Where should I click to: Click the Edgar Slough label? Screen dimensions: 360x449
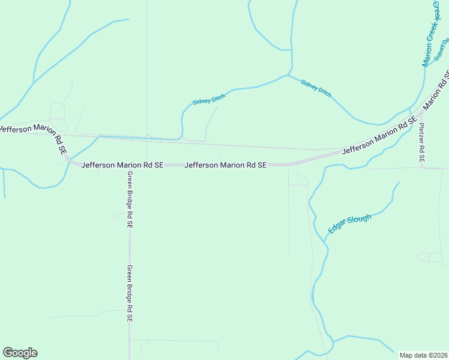pyautogui.click(x=350, y=223)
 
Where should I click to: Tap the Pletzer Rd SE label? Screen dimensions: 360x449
pyautogui.click(x=422, y=143)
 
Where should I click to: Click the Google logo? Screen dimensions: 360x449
pyautogui.click(x=20, y=353)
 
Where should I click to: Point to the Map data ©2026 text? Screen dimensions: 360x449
pyautogui.click(x=423, y=355)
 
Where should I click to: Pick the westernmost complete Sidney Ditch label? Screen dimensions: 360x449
pyautogui.click(x=208, y=98)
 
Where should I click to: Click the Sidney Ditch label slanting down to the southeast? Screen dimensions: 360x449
pyautogui.click(x=316, y=88)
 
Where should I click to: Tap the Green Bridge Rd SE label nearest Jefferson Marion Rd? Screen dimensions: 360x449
pyautogui.click(x=129, y=199)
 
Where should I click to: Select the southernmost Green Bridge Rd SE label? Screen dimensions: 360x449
pyautogui.click(x=129, y=294)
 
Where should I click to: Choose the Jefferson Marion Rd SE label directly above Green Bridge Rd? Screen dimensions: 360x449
pyautogui.click(x=122, y=164)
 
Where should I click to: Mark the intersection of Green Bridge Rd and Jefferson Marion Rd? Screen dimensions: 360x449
pyautogui.click(x=129, y=164)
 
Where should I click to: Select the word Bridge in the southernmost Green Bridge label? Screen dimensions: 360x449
pyautogui.click(x=129, y=294)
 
